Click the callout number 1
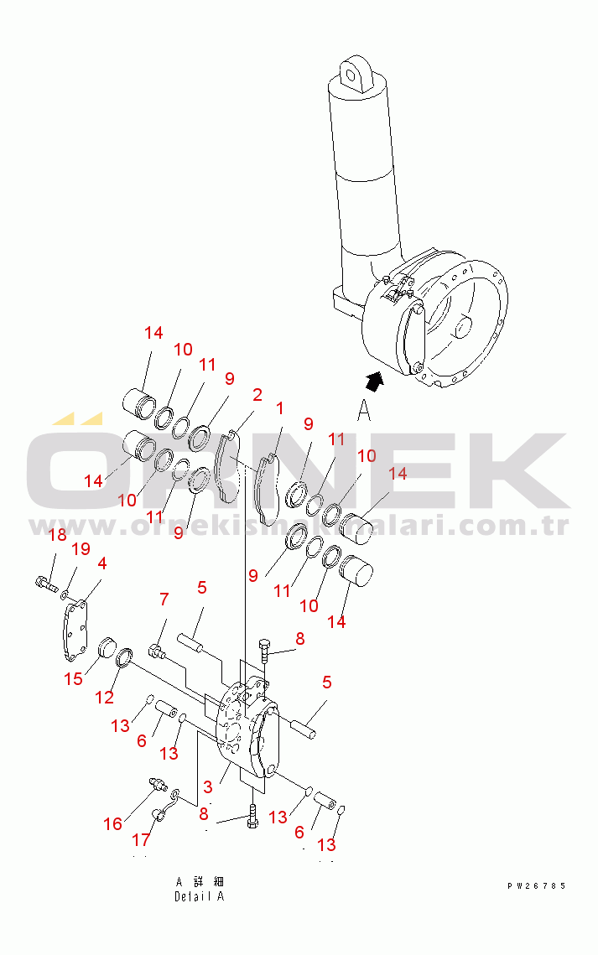pos(279,408)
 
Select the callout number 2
pos(257,395)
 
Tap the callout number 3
pos(207,788)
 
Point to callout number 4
pos(101,563)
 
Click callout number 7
pos(164,599)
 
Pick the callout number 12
pos(105,696)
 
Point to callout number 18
pos(56,536)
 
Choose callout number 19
pos(80,549)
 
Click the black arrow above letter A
pos(377,381)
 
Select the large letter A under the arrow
pos(363,411)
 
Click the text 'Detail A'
pos(199,896)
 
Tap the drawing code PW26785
pos(536,885)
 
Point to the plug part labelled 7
pos(157,651)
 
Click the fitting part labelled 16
pos(157,783)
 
